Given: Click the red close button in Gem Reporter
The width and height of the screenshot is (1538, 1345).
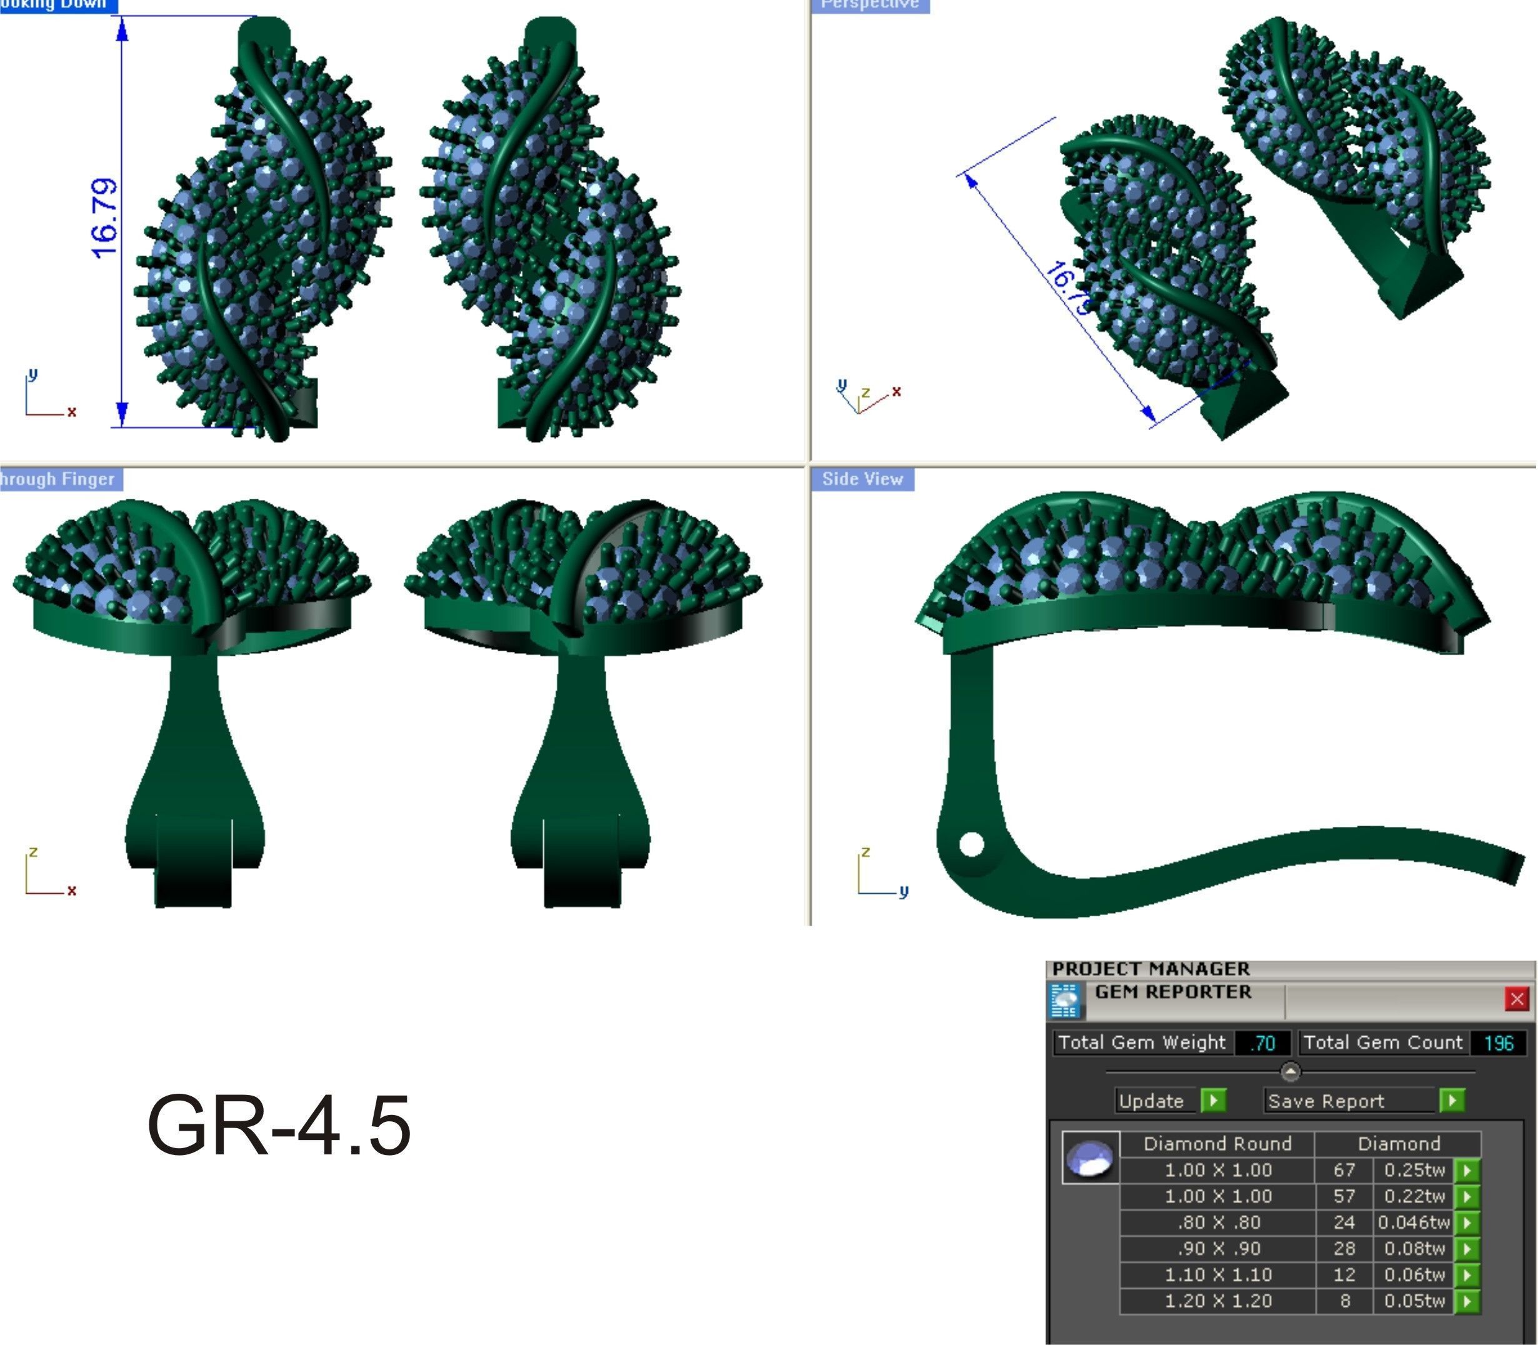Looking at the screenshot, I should pyautogui.click(x=1516, y=999).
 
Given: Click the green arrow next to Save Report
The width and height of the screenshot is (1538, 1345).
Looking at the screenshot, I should pyautogui.click(x=1452, y=1101).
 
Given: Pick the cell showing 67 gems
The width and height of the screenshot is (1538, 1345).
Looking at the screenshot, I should pyautogui.click(x=1344, y=1170).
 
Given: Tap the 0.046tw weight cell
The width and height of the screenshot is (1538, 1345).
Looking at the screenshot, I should pyautogui.click(x=1414, y=1222).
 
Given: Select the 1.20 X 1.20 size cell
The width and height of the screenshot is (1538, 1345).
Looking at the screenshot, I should pyautogui.click(x=1217, y=1301).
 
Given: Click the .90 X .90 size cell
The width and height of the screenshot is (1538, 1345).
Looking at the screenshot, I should pyautogui.click(x=1217, y=1249).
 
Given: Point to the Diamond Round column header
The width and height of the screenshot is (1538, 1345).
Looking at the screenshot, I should pyautogui.click(x=1217, y=1144).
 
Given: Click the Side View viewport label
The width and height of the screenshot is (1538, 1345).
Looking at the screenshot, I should pyautogui.click(x=862, y=479).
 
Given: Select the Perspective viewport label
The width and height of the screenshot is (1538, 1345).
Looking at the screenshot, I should pyautogui.click(x=870, y=4).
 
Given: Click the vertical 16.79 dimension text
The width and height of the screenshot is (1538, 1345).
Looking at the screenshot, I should pyautogui.click(x=105, y=218).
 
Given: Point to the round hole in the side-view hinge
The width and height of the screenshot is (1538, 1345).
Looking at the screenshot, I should pyautogui.click(x=971, y=844).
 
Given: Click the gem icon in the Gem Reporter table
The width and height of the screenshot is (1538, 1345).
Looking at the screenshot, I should pyautogui.click(x=1090, y=1159).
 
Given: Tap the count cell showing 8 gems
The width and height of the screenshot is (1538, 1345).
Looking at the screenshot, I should pyautogui.click(x=1344, y=1301).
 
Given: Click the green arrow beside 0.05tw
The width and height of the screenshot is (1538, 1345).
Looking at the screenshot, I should pyautogui.click(x=1467, y=1301).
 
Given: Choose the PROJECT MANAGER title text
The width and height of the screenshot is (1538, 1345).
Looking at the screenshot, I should pyautogui.click(x=1151, y=969).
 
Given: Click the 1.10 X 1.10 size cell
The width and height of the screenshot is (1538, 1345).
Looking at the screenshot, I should pyautogui.click(x=1217, y=1274).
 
